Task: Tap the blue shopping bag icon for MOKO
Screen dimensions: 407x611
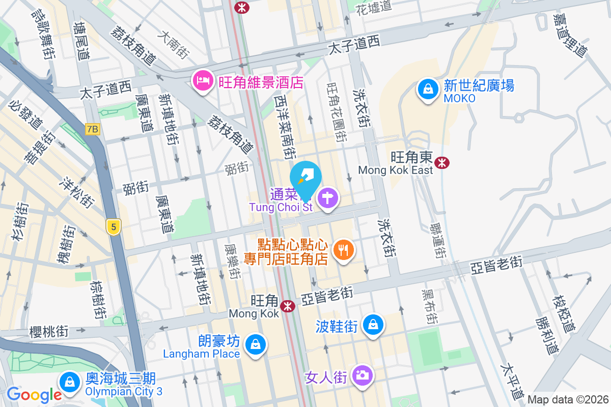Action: click(428, 90)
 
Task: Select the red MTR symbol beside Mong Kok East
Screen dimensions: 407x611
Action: click(441, 163)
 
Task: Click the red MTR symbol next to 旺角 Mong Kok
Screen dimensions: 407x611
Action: click(288, 306)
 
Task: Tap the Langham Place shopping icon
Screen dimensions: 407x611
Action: click(254, 345)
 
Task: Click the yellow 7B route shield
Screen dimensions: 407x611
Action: click(92, 129)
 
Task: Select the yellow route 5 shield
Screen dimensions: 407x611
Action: click(114, 226)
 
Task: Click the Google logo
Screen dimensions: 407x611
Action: click(34, 394)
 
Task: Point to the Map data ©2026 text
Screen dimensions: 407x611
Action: click(568, 400)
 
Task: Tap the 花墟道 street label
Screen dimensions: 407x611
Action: click(374, 7)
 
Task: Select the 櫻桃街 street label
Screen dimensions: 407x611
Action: click(49, 332)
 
